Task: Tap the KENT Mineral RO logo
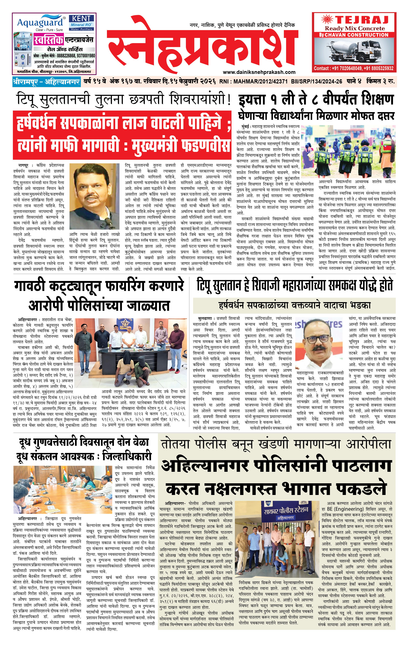81,23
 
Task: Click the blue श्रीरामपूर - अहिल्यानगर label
46,81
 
